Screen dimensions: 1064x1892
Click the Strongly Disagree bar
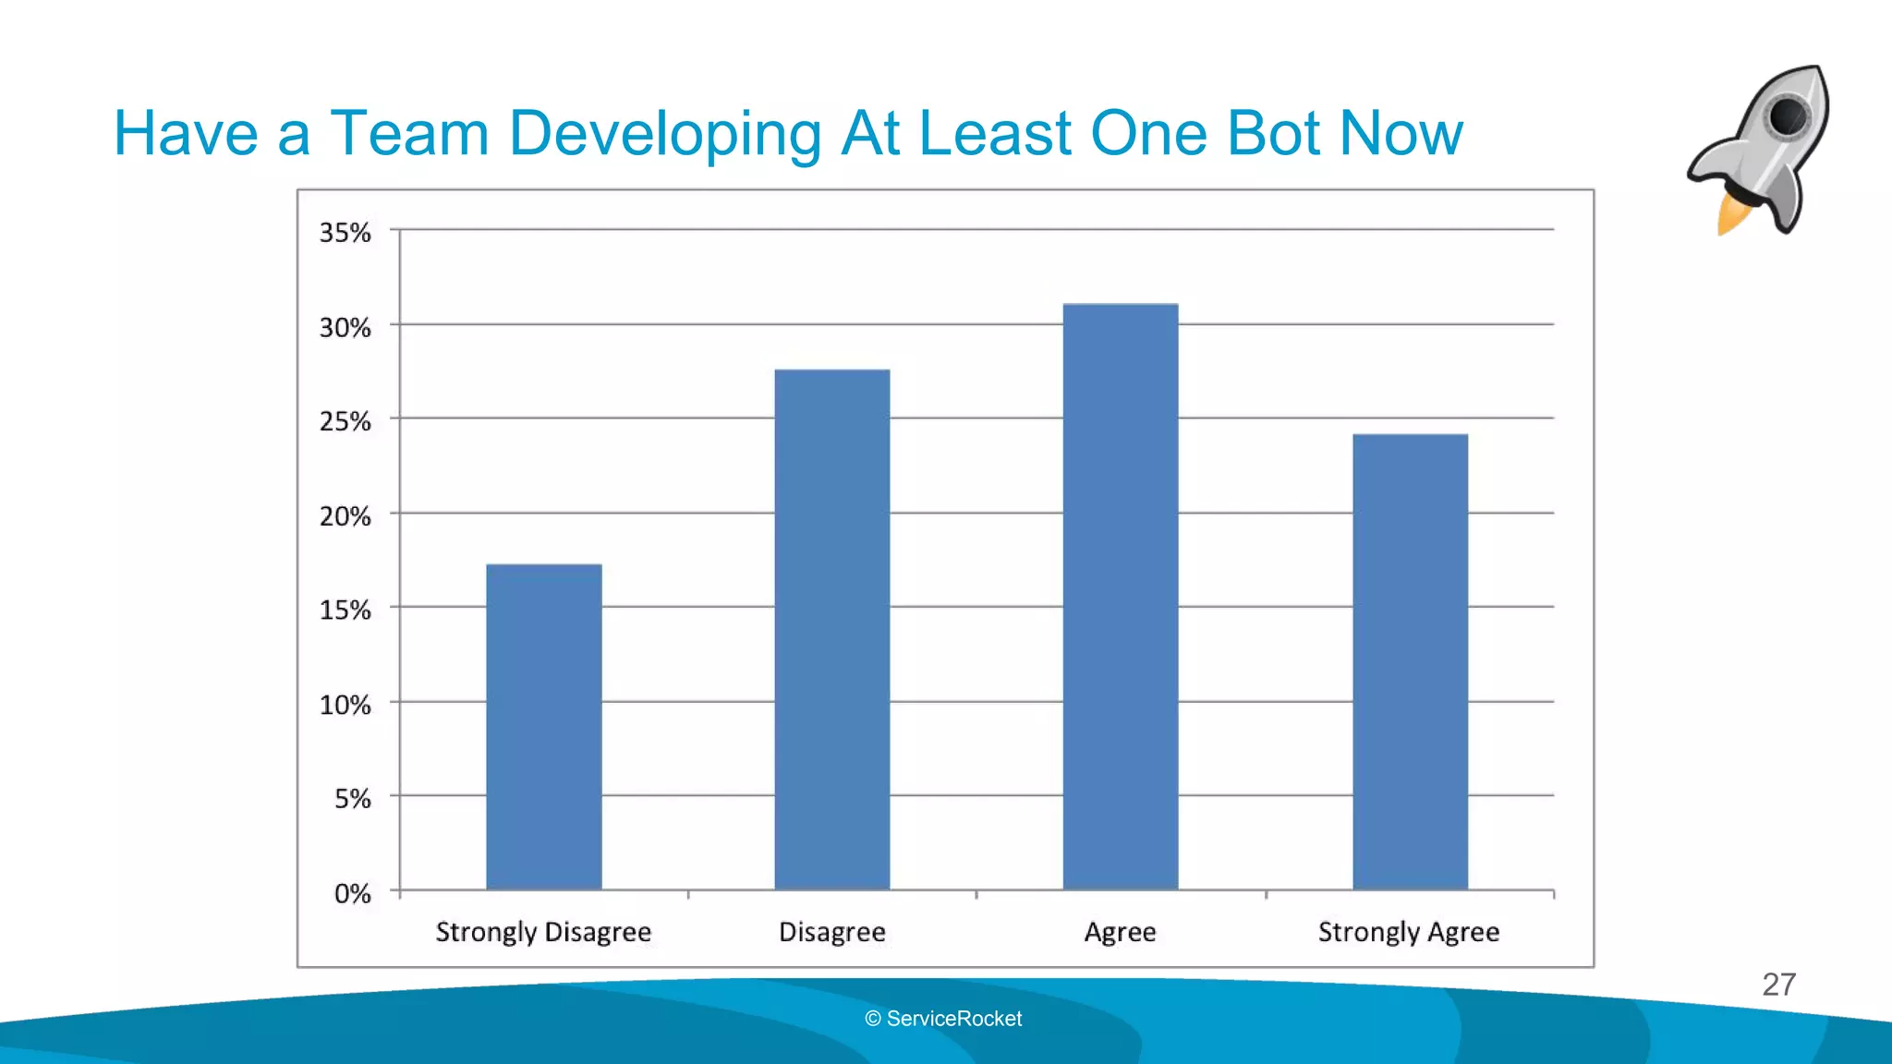(x=543, y=727)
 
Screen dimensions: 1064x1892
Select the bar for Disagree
(x=831, y=630)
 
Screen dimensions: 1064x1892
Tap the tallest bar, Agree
(x=1120, y=597)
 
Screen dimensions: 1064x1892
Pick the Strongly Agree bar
(x=1410, y=661)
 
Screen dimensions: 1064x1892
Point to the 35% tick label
(x=346, y=233)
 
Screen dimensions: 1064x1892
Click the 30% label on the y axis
(x=346, y=328)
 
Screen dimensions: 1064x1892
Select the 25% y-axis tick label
(x=346, y=422)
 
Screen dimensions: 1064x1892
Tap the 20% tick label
(x=346, y=516)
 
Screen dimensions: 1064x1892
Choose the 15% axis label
(x=346, y=611)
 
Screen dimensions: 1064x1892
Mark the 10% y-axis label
(x=346, y=706)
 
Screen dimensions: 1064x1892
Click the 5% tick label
(x=352, y=799)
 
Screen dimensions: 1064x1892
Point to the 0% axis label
(x=352, y=894)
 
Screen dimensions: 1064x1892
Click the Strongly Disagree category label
(x=543, y=932)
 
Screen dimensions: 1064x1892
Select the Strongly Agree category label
(x=1409, y=932)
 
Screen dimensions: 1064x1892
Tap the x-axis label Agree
(x=1120, y=932)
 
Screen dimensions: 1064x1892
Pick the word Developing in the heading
(x=664, y=135)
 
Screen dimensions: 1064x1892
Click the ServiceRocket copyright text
(x=943, y=1019)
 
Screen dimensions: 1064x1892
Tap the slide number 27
(x=1778, y=985)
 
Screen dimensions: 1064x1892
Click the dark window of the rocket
(x=1788, y=117)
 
